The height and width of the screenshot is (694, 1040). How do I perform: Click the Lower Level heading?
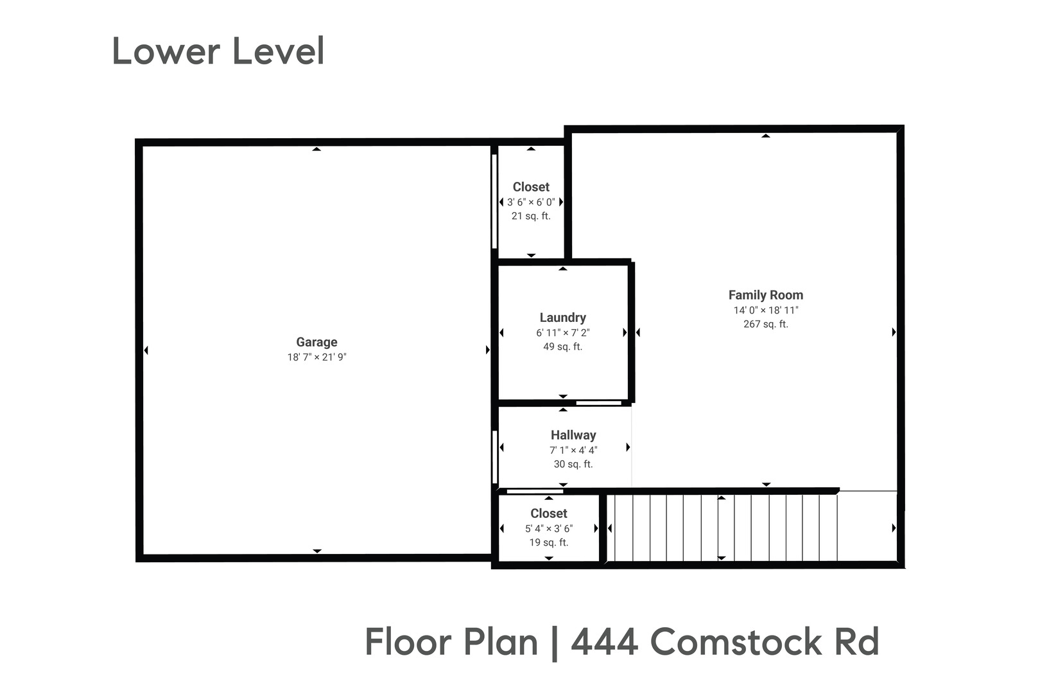[x=218, y=51]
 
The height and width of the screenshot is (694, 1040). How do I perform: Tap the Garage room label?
[x=316, y=343]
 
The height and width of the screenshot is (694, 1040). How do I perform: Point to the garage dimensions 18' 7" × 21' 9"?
[x=316, y=357]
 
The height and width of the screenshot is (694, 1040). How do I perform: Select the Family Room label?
[x=765, y=295]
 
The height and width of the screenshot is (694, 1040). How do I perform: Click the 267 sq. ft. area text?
[x=765, y=325]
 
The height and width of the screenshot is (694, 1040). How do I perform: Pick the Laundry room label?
[x=562, y=317]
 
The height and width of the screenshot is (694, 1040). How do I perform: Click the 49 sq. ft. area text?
[x=562, y=347]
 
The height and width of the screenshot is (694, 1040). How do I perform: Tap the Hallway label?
[x=573, y=435]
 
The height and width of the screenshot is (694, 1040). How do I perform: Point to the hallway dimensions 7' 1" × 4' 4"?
[x=573, y=450]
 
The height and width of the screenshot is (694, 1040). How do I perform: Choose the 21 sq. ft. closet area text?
[x=531, y=217]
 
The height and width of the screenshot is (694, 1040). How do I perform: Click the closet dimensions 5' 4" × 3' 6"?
[x=548, y=529]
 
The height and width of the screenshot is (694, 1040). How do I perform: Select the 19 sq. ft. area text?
[x=548, y=543]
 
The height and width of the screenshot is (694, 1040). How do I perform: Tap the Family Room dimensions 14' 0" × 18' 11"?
[x=765, y=310]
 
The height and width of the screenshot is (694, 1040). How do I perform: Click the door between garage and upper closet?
[x=494, y=201]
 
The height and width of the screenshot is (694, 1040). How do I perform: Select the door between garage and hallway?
[x=494, y=457]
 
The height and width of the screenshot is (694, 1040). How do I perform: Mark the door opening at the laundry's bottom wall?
[x=598, y=403]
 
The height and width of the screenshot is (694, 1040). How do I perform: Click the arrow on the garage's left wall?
[x=146, y=350]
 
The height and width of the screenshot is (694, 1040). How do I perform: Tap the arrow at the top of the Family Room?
[x=765, y=136]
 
